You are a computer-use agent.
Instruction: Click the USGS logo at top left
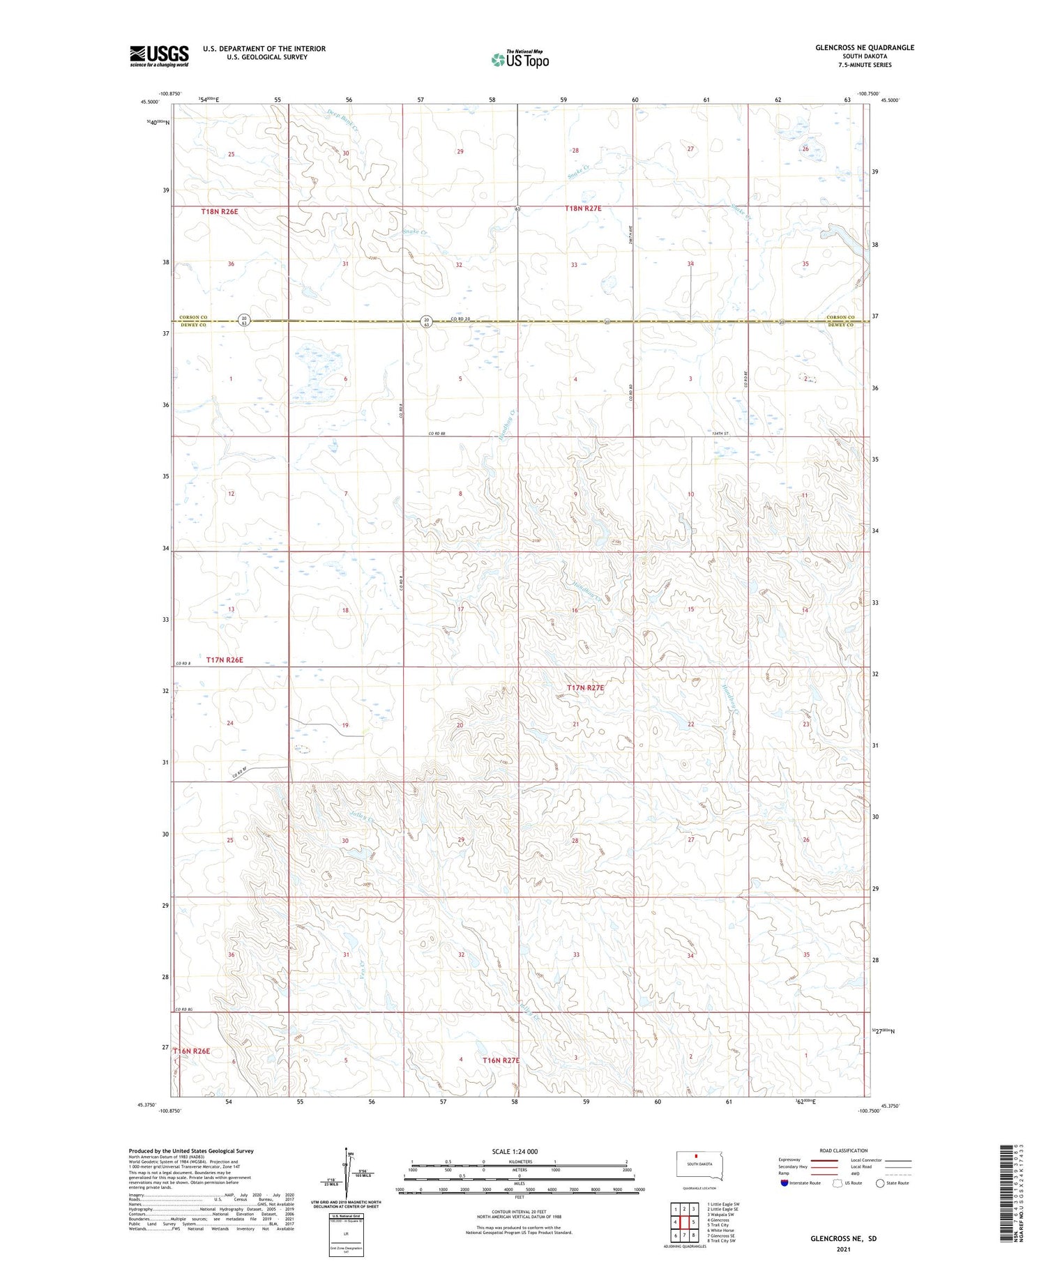tap(159, 56)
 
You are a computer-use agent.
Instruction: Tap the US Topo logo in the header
tap(520, 60)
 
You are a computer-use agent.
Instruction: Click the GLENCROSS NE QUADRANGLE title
tap(864, 47)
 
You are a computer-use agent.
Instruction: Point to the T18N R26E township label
tap(224, 211)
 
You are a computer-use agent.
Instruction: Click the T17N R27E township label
tap(585, 688)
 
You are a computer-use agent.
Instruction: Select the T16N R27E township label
tap(501, 1060)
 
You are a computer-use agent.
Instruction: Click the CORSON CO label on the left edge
tap(194, 317)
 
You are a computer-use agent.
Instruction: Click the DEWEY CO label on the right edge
tap(840, 325)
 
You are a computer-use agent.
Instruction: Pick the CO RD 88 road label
tap(437, 434)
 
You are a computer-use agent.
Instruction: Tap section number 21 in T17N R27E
tap(576, 724)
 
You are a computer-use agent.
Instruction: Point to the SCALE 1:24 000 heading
tap(515, 1151)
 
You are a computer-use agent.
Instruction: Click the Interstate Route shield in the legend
tap(784, 1182)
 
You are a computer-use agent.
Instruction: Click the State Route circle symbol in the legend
tap(880, 1182)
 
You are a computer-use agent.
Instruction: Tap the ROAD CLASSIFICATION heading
tap(844, 1150)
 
